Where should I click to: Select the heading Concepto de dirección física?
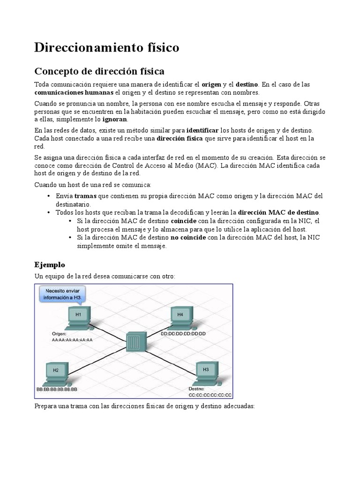(99, 72)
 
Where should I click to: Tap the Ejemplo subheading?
(50, 265)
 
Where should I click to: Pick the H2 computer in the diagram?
(56, 373)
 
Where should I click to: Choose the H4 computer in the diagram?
(180, 316)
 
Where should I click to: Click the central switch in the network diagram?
(136, 341)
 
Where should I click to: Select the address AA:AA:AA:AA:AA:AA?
(73, 340)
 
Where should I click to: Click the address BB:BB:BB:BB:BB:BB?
(57, 389)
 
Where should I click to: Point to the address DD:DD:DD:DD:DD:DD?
(183, 334)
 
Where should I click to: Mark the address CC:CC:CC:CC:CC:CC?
(210, 395)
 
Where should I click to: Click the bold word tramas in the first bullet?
(85, 196)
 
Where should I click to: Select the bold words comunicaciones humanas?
(74, 92)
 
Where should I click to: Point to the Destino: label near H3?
(197, 389)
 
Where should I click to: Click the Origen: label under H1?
(59, 334)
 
